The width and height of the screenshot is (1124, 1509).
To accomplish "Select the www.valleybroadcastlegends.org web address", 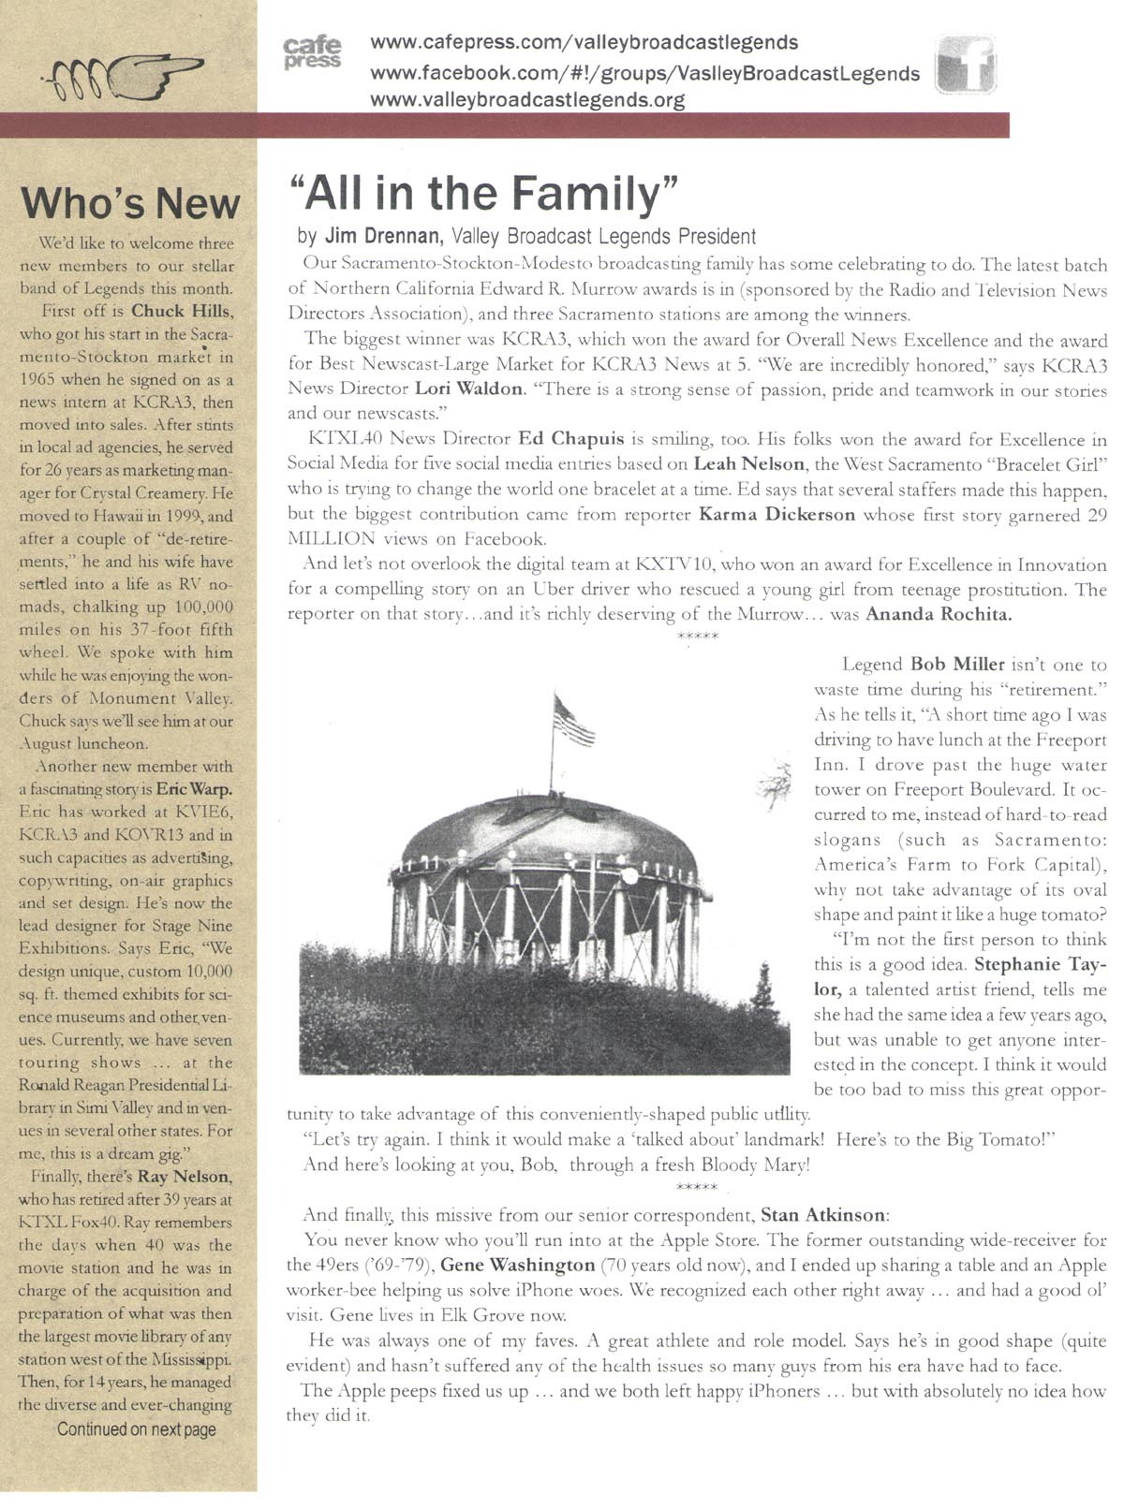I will (527, 100).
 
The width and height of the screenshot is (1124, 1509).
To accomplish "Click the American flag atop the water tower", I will (572, 718).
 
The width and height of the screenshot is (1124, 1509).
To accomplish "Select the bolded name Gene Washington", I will (517, 1265).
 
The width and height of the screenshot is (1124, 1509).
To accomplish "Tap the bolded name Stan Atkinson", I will (822, 1215).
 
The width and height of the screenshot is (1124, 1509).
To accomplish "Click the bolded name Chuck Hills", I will (182, 310).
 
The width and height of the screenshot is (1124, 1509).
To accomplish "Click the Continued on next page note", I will (137, 1429).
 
